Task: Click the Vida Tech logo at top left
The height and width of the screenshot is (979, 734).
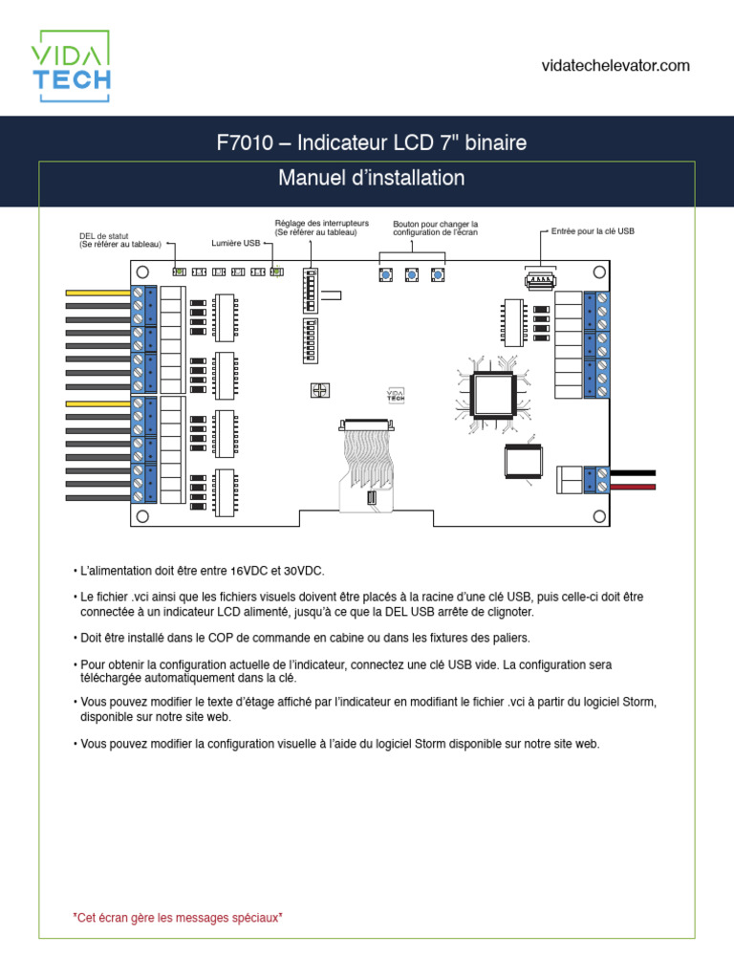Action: point(71,66)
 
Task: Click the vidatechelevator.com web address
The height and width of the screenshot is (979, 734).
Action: point(615,65)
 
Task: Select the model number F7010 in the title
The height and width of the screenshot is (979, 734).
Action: point(242,143)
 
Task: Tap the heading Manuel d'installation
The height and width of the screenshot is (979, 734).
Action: point(371,178)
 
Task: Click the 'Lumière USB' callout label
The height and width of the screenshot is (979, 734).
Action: point(235,244)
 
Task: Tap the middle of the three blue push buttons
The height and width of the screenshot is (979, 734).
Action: point(411,275)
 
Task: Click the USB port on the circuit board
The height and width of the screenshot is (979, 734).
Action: point(540,281)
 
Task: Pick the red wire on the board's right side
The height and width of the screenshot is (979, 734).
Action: point(632,488)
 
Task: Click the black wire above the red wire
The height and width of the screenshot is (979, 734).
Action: point(632,472)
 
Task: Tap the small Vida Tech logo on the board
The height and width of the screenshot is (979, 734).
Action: point(396,395)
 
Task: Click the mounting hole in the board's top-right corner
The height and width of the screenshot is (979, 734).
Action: point(595,272)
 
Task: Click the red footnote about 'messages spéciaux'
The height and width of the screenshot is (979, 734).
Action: point(178,917)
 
